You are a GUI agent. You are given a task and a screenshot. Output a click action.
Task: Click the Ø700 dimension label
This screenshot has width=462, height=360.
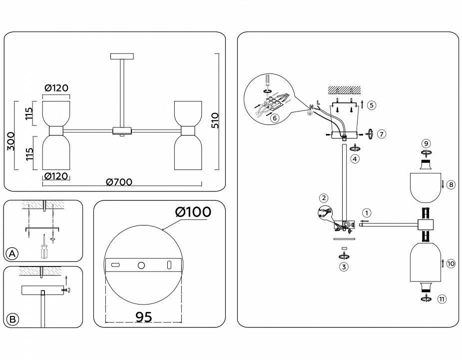tap(119, 182)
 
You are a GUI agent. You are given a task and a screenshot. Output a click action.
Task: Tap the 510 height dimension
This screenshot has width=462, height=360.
tap(215, 120)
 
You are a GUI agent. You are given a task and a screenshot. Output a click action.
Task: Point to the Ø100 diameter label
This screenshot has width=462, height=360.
tap(193, 211)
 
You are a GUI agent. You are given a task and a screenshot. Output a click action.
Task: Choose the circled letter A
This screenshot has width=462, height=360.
tap(12, 254)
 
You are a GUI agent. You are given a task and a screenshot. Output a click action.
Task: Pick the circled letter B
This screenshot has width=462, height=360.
tap(12, 319)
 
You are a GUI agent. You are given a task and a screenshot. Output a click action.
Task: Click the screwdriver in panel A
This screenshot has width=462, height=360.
tap(44, 246)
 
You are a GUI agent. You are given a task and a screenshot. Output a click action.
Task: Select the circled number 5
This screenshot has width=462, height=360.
tap(370, 105)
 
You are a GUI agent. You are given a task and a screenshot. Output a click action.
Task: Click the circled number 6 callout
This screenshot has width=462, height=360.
tap(274, 118)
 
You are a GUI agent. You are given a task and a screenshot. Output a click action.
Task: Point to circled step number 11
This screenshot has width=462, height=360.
tap(441, 299)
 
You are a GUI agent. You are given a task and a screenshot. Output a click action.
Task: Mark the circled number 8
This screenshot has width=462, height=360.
tap(450, 184)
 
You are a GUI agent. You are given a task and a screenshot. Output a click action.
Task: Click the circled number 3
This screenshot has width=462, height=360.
tap(343, 266)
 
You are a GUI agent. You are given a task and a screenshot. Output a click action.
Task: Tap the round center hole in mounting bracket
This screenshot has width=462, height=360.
tap(141, 264)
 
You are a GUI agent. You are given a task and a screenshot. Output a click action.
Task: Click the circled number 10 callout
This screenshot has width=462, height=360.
tap(451, 263)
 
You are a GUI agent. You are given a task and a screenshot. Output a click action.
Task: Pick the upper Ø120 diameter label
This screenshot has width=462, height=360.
tap(56, 88)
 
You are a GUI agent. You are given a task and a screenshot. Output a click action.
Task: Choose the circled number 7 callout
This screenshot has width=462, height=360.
tap(382, 134)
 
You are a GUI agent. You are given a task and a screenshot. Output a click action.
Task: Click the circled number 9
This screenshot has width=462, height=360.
tap(426, 143)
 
